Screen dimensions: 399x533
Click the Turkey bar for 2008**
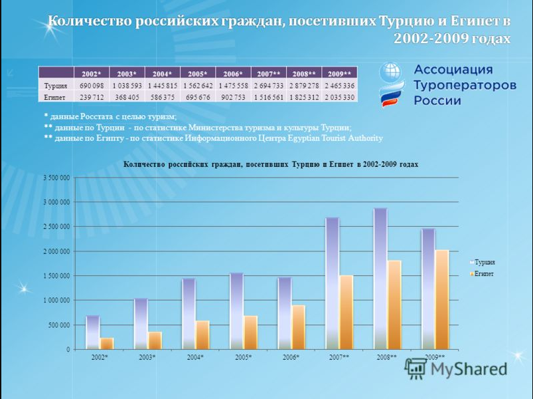[x=380, y=279]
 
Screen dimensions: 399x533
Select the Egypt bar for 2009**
[x=442, y=299]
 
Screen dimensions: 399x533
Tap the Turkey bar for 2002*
[x=93, y=332]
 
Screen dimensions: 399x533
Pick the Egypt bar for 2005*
[x=250, y=332]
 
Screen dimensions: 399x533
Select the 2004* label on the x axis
[x=195, y=358]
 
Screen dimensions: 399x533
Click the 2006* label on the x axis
[x=291, y=358]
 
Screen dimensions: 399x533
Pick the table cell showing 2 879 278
[x=304, y=86]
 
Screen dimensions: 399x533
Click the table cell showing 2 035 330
[x=339, y=97]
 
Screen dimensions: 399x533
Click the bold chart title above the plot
[x=271, y=164]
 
